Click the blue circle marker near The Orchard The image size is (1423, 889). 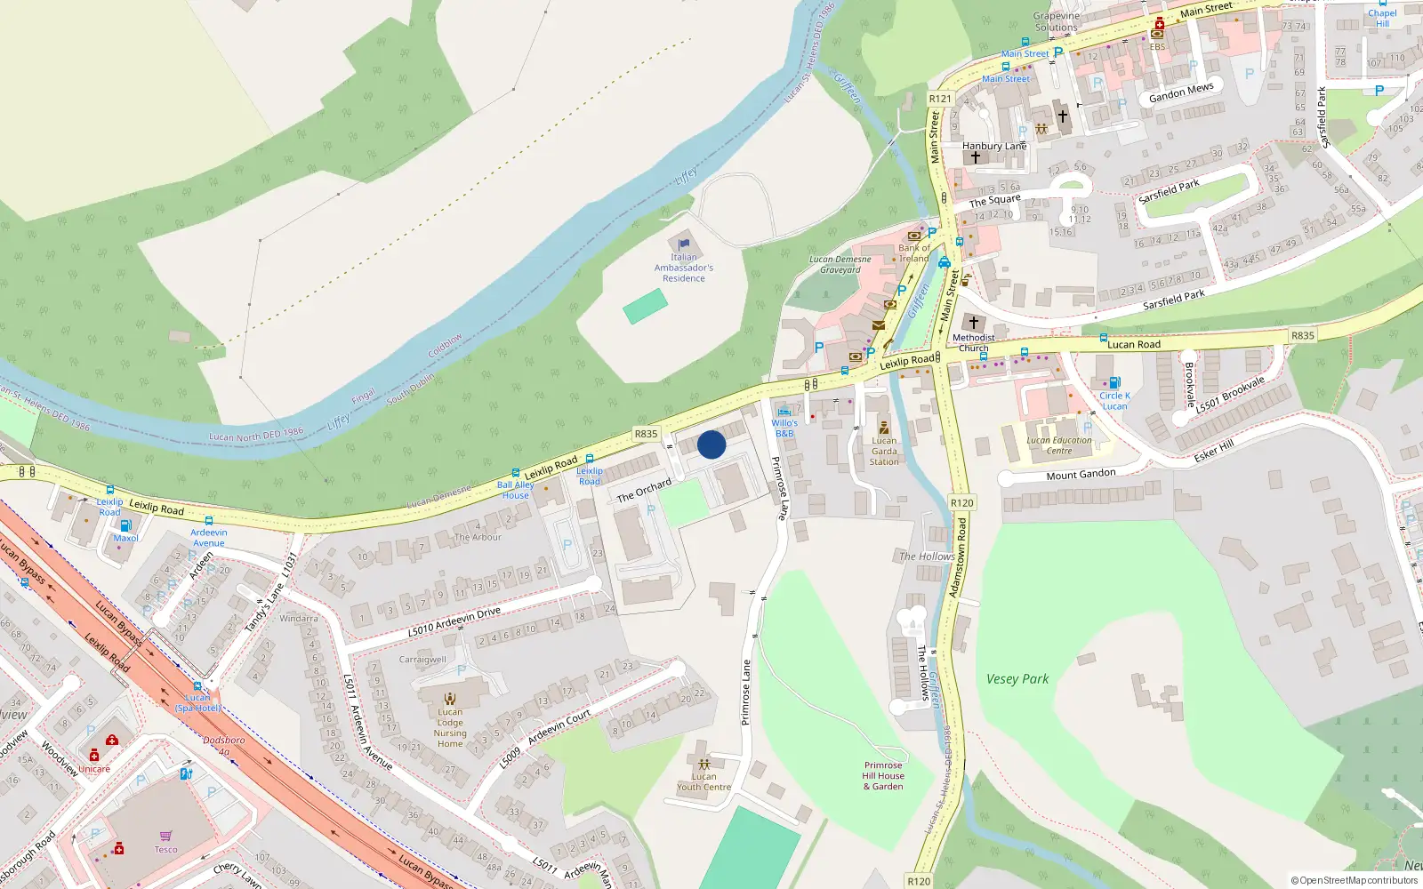(x=711, y=444)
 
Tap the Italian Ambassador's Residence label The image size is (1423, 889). (x=683, y=268)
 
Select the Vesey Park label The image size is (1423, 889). (x=1017, y=679)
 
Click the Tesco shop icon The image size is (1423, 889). (x=165, y=836)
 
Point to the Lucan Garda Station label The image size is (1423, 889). (x=884, y=451)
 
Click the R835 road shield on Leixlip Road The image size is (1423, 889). (x=646, y=434)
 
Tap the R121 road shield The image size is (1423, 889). (x=939, y=99)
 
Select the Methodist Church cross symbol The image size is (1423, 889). (x=973, y=322)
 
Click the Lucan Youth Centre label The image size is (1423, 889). (x=703, y=781)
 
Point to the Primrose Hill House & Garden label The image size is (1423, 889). (x=883, y=775)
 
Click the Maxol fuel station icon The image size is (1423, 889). (x=125, y=525)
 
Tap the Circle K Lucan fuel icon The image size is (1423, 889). (x=1114, y=382)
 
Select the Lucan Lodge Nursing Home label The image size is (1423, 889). (x=450, y=727)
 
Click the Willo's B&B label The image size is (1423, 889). (x=784, y=428)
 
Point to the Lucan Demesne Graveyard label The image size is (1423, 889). (x=840, y=264)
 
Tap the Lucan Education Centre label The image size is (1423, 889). (x=1058, y=445)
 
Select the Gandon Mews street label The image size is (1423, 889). (x=1180, y=92)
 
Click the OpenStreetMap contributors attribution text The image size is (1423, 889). (x=1355, y=880)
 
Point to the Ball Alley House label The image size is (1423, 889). (x=516, y=490)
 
